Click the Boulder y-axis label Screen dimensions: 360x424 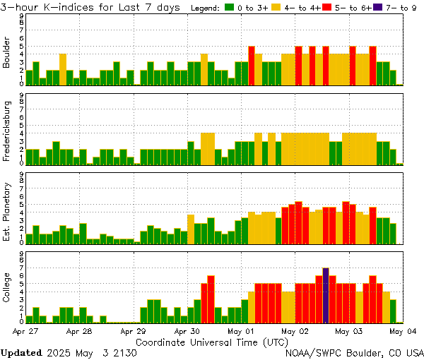tap(7, 53)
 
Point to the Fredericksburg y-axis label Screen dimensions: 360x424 tap(7, 128)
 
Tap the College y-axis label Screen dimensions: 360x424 tap(7, 287)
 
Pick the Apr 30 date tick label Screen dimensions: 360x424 tap(187, 330)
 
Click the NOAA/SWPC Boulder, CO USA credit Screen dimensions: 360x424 tap(355, 352)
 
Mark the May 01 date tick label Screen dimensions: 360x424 tap(241, 330)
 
